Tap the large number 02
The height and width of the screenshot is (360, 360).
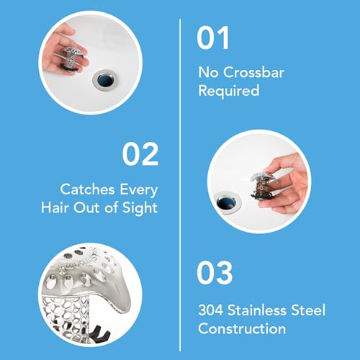click(141, 153)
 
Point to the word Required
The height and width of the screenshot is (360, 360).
click(229, 91)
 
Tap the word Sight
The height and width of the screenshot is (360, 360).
click(139, 209)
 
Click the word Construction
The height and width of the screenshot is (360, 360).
click(240, 329)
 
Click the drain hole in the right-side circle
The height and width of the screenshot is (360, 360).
click(229, 196)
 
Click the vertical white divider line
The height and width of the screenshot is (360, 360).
click(179, 180)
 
